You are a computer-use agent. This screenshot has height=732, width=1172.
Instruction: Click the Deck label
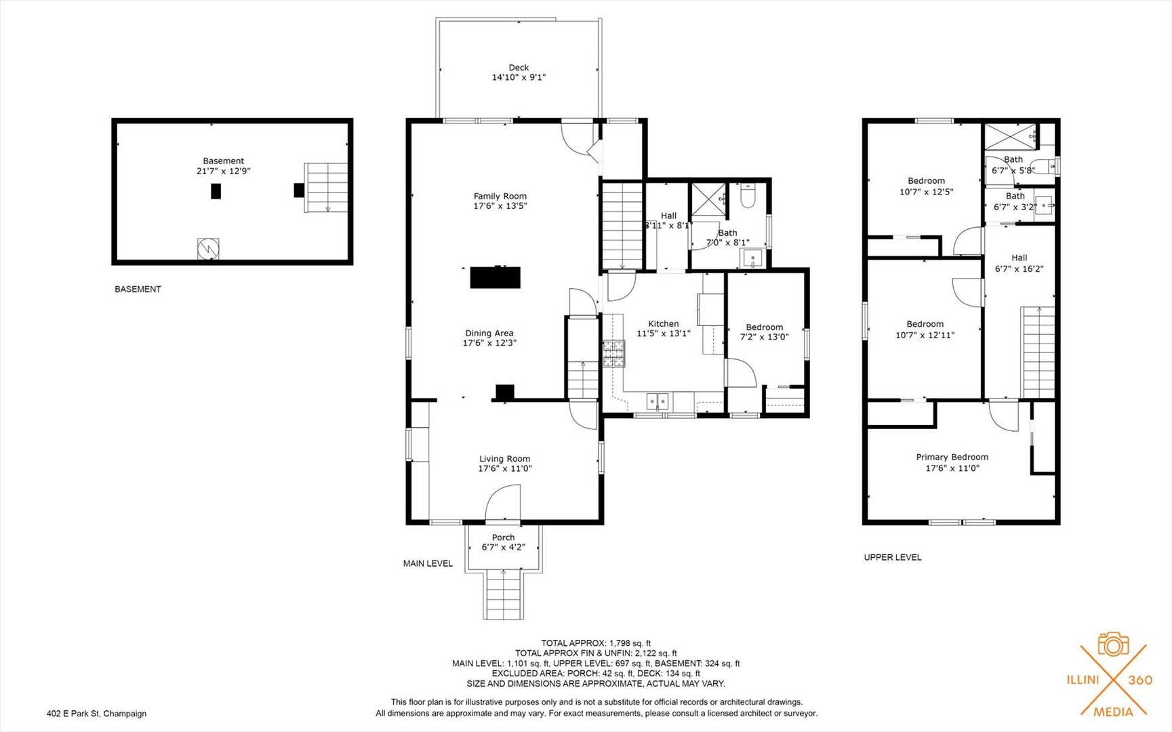pyautogui.click(x=519, y=67)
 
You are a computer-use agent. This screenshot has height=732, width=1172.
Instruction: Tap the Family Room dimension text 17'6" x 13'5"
pyautogui.click(x=500, y=206)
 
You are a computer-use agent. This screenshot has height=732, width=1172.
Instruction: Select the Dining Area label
pyautogui.click(x=489, y=333)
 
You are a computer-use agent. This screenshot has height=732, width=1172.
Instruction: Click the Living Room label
pyautogui.click(x=505, y=459)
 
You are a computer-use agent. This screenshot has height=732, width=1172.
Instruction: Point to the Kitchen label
pyautogui.click(x=664, y=324)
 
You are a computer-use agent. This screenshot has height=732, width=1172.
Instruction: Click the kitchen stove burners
pyautogui.click(x=613, y=354)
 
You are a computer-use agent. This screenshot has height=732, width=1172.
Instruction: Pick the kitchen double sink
pyautogui.click(x=658, y=402)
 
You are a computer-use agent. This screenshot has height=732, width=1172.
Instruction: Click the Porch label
pyautogui.click(x=504, y=537)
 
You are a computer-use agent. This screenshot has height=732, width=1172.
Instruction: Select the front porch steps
pyautogui.click(x=504, y=594)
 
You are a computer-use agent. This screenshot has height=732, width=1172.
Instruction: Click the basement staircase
pyautogui.click(x=326, y=187)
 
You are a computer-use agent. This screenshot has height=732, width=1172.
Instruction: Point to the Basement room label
pyautogui.click(x=224, y=161)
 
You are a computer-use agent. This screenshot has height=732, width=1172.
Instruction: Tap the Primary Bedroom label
pyautogui.click(x=952, y=457)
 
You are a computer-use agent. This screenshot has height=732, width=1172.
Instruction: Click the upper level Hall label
pyautogui.click(x=1019, y=258)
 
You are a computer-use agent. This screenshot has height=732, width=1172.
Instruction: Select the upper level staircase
pyautogui.click(x=1038, y=352)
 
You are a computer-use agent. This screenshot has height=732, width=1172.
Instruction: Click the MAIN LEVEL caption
pyautogui.click(x=428, y=563)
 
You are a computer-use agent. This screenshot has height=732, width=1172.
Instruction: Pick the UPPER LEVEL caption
pyautogui.click(x=893, y=557)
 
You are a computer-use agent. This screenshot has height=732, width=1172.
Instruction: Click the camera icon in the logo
pyautogui.click(x=1113, y=644)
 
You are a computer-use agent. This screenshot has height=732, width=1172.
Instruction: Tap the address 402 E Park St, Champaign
pyautogui.click(x=96, y=713)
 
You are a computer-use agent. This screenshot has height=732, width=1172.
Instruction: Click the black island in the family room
pyautogui.click(x=496, y=277)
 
